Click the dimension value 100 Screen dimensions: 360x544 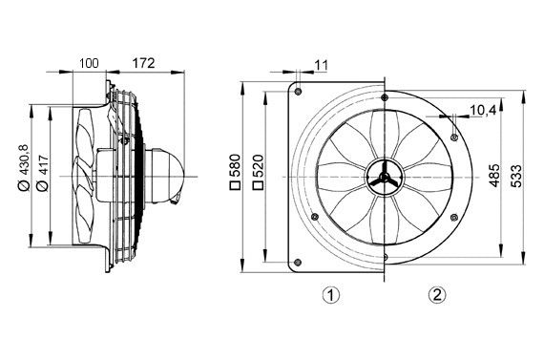89,64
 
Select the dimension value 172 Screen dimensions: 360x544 143,64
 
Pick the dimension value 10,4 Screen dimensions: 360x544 482,111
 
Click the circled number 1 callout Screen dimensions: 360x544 330,295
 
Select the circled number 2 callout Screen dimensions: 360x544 436,295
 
